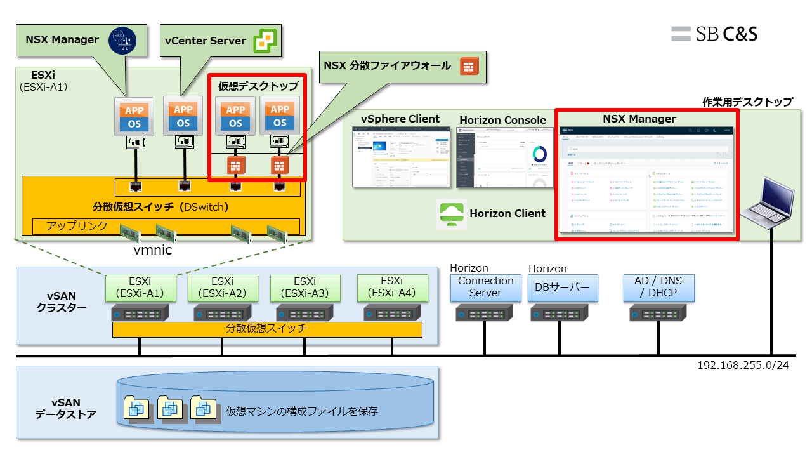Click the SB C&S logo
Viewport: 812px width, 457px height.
point(714,34)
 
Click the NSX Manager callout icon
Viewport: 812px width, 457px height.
point(123,39)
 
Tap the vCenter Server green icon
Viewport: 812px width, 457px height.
point(265,41)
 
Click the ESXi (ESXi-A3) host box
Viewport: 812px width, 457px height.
point(305,288)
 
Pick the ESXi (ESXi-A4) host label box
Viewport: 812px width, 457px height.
point(391,287)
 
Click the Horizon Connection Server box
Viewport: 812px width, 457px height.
point(485,288)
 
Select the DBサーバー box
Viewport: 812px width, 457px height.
point(563,288)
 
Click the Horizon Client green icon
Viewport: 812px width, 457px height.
point(451,214)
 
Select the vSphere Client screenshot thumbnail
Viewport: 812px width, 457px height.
point(401,156)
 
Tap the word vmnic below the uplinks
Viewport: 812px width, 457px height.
point(153,250)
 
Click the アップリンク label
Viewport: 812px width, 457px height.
point(77,226)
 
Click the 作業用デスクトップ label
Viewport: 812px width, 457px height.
point(747,102)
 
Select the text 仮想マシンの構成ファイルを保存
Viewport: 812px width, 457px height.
point(302,411)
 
